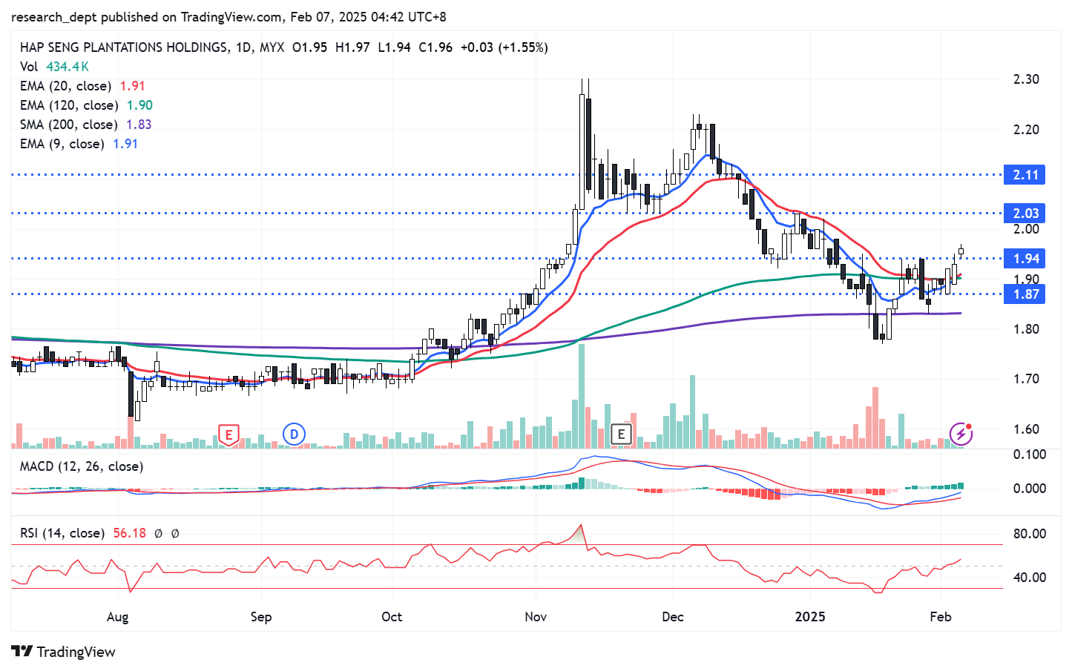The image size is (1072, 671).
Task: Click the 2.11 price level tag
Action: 1025,175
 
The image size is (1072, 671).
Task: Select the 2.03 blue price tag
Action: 1025,214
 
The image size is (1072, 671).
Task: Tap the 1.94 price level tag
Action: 1025,259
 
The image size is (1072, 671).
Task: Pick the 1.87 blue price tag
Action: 1025,294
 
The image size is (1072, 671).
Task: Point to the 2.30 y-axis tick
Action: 1026,79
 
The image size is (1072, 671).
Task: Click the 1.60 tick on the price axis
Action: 1026,429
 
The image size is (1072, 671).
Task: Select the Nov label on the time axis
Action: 536,617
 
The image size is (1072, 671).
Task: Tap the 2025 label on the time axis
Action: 809,617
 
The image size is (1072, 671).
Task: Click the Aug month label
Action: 117,617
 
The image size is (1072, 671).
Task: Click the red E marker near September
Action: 228,434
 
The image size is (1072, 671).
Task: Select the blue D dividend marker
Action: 294,434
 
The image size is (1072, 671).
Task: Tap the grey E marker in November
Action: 621,434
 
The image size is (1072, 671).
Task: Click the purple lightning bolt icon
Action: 961,434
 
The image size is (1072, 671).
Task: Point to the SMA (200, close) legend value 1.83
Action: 139,125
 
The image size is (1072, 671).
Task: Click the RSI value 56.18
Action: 129,533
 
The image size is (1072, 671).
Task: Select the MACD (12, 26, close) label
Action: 82,466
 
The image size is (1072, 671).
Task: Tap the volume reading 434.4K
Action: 68,67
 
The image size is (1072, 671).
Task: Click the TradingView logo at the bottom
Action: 64,652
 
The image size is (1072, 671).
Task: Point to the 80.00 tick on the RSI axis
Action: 1030,534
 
